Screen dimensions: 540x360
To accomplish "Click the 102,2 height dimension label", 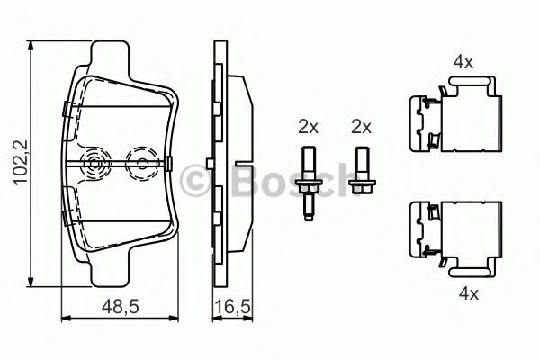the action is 22,162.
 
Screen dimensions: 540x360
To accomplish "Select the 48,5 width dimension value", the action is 121,306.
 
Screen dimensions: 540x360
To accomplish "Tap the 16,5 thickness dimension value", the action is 232,306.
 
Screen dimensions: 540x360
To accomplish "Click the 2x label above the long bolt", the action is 308,127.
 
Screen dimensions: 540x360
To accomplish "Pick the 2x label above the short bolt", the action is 362,127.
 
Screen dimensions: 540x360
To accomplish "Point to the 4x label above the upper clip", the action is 463,62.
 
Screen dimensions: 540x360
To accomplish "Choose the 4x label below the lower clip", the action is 469,293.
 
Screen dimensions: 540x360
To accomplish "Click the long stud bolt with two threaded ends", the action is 309,184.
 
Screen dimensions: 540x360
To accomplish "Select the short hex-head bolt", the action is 362,170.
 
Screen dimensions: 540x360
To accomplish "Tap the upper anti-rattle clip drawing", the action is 454,114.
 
